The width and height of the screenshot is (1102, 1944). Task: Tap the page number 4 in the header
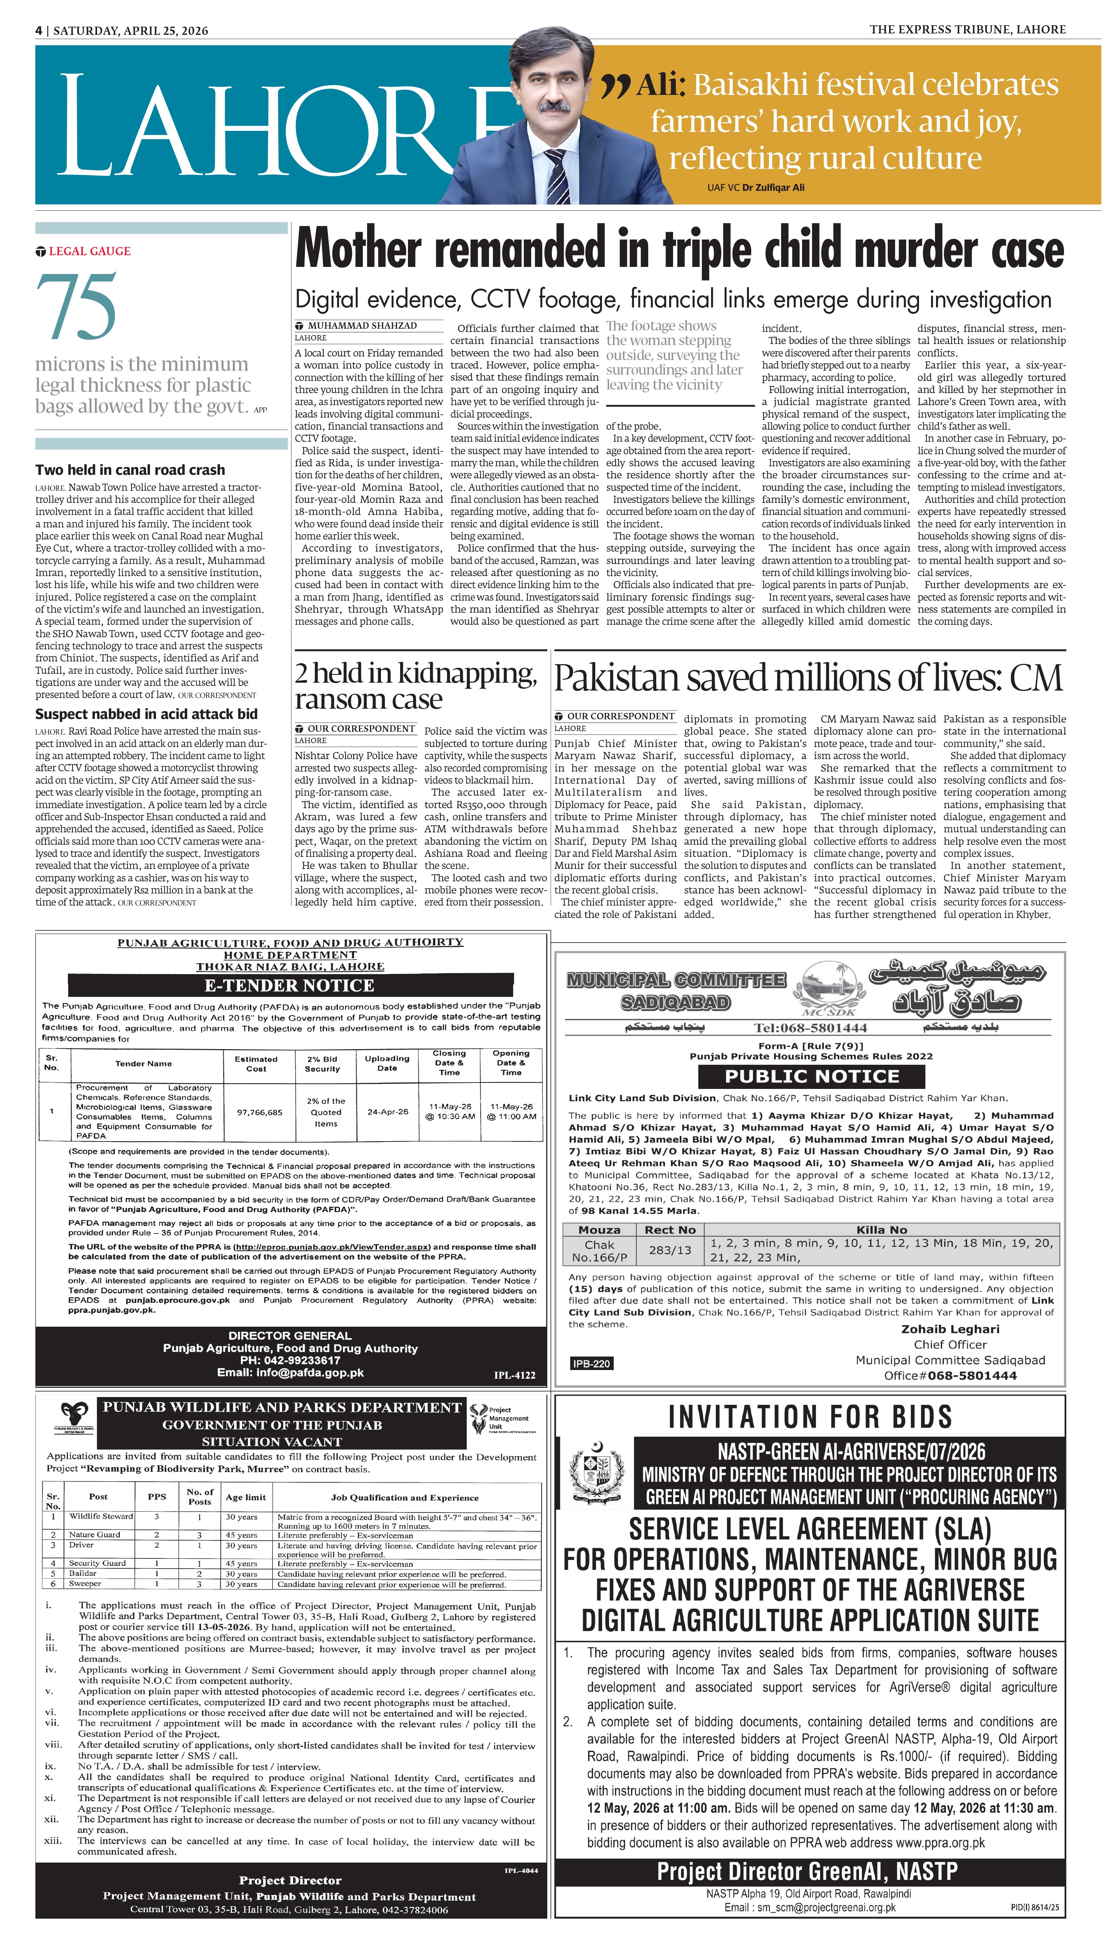[x=39, y=30]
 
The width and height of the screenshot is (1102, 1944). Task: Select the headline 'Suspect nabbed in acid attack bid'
[x=146, y=714]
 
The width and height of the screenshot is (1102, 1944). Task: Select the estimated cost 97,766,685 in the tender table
[x=260, y=1112]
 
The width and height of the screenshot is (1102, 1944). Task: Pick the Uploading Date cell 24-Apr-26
[x=387, y=1112]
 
